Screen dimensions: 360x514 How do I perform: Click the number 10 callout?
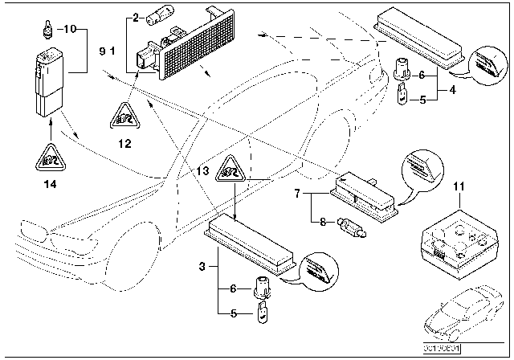click(x=69, y=29)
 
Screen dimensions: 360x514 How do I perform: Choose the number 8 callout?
click(x=323, y=223)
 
